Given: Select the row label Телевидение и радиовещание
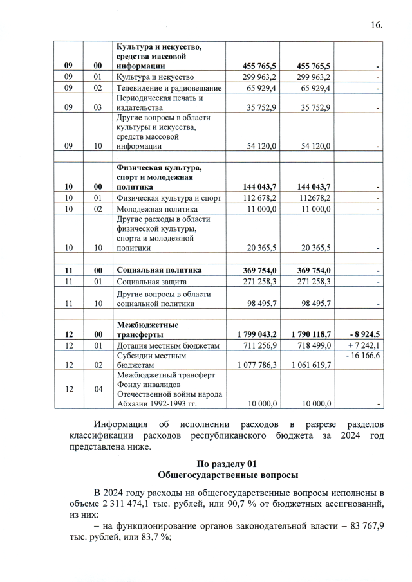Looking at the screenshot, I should coord(169,87).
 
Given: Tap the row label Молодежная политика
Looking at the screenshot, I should coord(151,209).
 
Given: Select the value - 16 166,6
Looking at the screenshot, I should coord(363,355).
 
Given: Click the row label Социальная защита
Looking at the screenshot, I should coord(151,281).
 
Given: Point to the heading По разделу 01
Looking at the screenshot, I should coord(228,464).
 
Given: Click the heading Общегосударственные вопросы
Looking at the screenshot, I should coord(228,475).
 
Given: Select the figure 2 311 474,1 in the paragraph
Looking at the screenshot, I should coord(141,504).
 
